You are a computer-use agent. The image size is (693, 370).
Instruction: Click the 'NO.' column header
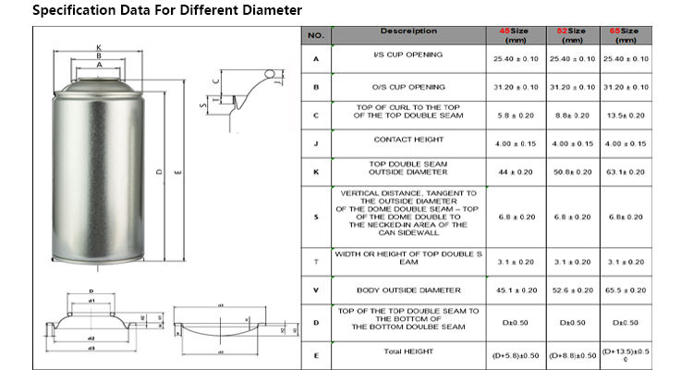(x=316, y=36)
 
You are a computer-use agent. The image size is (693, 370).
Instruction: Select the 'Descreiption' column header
(x=408, y=31)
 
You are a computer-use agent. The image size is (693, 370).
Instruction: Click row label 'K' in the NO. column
(x=316, y=172)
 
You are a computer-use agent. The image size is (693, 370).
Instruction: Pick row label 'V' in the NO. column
(x=316, y=290)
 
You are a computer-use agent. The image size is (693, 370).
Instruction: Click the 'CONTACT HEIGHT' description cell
(x=408, y=140)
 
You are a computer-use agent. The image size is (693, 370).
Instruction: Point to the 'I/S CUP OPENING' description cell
(x=408, y=55)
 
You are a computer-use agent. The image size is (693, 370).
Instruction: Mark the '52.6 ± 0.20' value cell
(x=571, y=290)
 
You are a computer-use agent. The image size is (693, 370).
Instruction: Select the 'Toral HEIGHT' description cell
(x=408, y=351)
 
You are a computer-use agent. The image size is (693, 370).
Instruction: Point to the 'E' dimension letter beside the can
(x=176, y=170)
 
